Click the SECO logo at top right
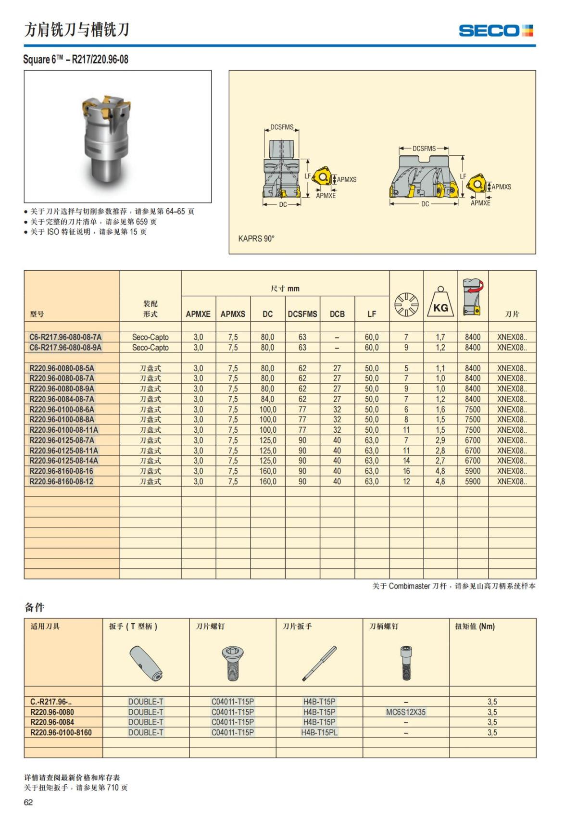(496, 31)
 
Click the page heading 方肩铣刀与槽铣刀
(77, 30)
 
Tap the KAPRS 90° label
(256, 239)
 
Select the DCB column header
(337, 314)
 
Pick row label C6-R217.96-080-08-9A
(65, 348)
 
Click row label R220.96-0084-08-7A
(62, 399)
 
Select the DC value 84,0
(267, 399)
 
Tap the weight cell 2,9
(440, 440)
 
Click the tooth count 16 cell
(406, 471)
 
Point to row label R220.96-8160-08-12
(62, 482)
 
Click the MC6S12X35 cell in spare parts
(406, 712)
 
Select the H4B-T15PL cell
(319, 733)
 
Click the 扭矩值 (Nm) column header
(475, 627)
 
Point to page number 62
(28, 802)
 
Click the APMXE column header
(198, 314)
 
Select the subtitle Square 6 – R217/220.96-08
(76, 60)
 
